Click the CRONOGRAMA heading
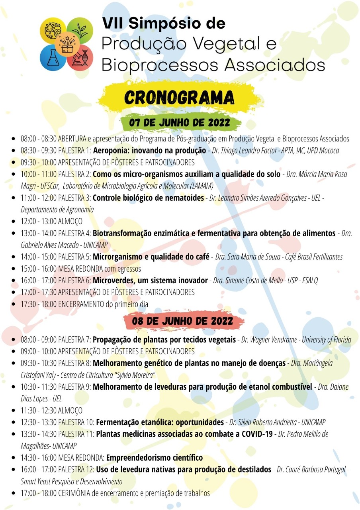click(179, 98)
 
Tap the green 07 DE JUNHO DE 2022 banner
click(180, 123)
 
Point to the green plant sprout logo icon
click(79, 31)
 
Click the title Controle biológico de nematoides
click(148, 198)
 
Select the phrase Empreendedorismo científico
click(155, 457)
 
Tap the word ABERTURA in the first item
click(72, 139)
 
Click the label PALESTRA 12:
click(76, 469)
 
